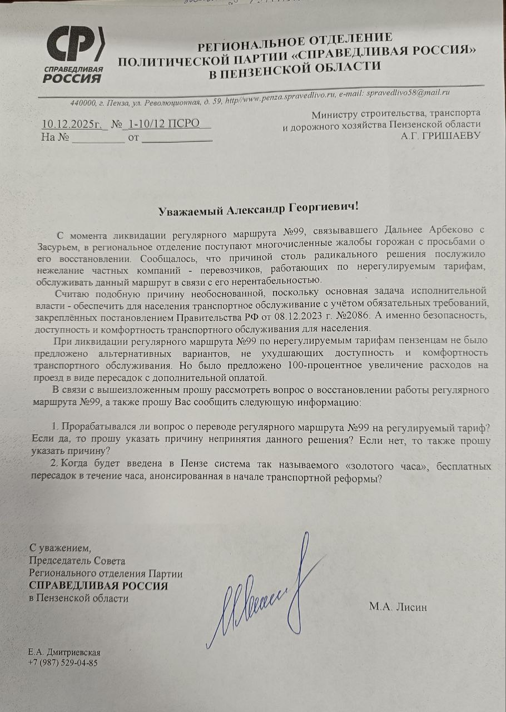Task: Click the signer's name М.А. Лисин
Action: [398, 607]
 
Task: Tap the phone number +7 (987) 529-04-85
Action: [63, 662]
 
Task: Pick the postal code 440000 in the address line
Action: [83, 102]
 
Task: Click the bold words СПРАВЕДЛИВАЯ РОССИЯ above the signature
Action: [98, 586]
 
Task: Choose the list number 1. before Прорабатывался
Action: [55, 427]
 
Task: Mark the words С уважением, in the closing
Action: [59, 548]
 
